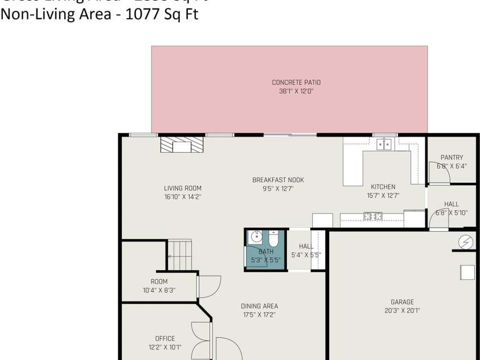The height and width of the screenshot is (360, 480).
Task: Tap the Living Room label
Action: point(183,188)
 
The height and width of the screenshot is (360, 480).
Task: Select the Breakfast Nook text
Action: point(278,180)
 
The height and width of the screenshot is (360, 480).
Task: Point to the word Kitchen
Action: point(383,187)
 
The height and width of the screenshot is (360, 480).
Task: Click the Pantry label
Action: point(452,158)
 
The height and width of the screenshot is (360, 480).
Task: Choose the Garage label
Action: point(402,302)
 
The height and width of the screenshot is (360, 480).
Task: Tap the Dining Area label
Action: point(259,306)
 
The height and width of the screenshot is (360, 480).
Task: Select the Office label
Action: point(165,338)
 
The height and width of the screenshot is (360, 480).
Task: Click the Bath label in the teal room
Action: point(266,251)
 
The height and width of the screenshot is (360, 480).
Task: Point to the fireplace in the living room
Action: point(182,146)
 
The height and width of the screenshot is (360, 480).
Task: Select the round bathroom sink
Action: point(255,238)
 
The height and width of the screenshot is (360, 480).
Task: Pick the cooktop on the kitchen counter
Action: point(373,216)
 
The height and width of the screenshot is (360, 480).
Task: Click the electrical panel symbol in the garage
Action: point(466,243)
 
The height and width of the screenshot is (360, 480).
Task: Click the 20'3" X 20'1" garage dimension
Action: point(402,311)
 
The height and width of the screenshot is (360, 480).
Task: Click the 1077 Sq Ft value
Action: point(166,14)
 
